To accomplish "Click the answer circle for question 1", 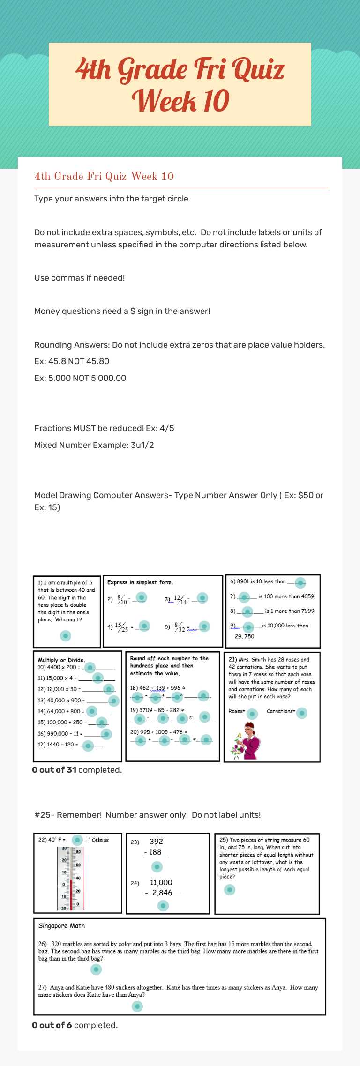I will [66, 635].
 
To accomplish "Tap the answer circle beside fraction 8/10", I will [141, 597].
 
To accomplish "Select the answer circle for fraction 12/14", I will [202, 597].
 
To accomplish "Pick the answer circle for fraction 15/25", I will [144, 626].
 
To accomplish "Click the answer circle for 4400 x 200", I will [90, 667].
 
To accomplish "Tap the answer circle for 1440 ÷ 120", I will [88, 745].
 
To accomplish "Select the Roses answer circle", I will [252, 714].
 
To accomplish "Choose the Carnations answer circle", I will [302, 713].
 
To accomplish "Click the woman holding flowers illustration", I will [246, 741].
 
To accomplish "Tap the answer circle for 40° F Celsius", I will [78, 840].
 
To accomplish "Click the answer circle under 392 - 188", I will [157, 867].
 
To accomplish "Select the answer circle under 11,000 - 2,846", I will [163, 906].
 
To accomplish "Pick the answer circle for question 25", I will [229, 890].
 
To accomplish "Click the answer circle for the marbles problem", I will [96, 969].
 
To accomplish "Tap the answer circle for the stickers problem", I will [137, 1006].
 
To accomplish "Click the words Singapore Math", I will [61, 925].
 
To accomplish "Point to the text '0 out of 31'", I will [54, 770].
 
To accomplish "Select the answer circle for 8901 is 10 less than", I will [300, 582].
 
